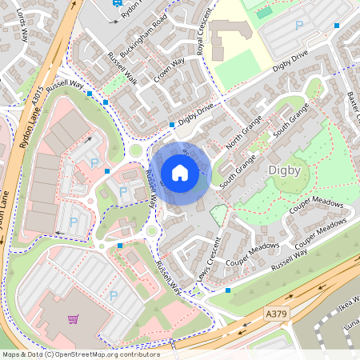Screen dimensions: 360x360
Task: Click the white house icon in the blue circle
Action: pos(180,173)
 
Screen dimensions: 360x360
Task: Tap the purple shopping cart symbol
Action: pos(74,319)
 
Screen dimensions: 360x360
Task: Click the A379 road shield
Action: pos(274,316)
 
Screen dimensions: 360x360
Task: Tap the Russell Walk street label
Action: pos(122,69)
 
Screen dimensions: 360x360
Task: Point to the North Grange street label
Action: pos(244,132)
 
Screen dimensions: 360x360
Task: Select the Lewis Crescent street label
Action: pos(208,259)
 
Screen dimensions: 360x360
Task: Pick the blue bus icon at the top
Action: pos(118,3)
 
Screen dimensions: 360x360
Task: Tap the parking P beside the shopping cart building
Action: pos(113,295)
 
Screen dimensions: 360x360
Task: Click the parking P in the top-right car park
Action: pos(299,25)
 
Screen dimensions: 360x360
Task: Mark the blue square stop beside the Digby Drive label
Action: pos(172,125)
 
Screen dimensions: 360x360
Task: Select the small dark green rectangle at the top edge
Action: pos(264,13)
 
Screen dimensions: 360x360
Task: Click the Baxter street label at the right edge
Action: pos(353,104)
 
